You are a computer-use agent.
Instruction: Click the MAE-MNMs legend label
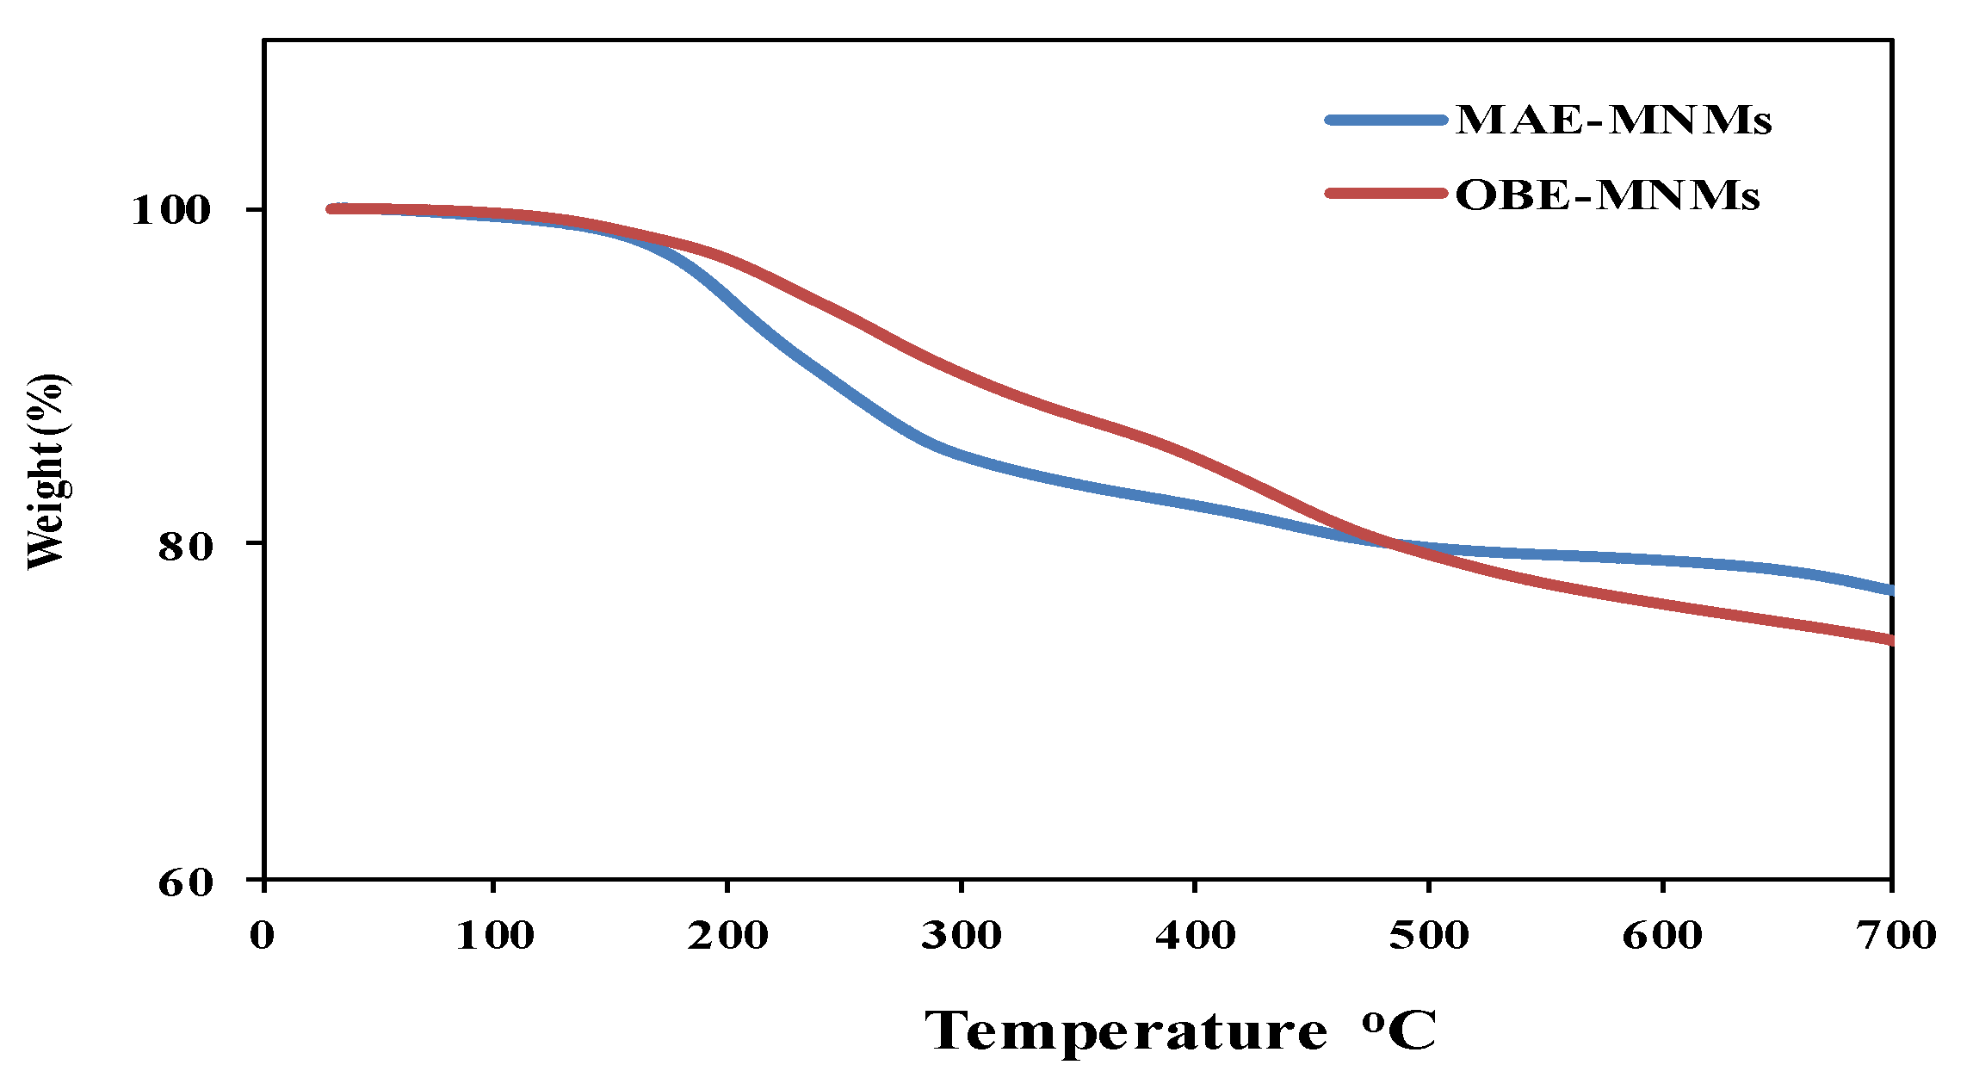tap(1613, 120)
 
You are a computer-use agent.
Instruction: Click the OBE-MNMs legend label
tap(1606, 195)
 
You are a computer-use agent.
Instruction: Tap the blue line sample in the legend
tap(1386, 121)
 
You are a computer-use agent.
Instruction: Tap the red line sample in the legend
tap(1386, 193)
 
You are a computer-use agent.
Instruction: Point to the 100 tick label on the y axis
tap(170, 210)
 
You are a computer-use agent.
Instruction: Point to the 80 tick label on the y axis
tap(184, 546)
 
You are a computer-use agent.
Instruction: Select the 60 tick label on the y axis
tap(184, 882)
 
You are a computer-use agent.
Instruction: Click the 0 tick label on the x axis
tap(263, 936)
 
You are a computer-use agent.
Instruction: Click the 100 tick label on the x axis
tap(494, 936)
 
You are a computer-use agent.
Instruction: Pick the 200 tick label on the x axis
tap(727, 936)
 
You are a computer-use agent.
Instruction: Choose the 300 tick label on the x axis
tap(961, 936)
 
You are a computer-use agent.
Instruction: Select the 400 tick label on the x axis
tap(1195, 936)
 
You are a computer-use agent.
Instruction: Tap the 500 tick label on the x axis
tap(1428, 936)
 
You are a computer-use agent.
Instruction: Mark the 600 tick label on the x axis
tap(1661, 936)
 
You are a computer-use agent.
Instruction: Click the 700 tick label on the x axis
tap(1895, 936)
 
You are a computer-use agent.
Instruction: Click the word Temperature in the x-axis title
tap(1125, 1031)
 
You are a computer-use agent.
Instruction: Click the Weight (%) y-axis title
tap(46, 472)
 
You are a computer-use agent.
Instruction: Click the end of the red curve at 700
tap(1890, 640)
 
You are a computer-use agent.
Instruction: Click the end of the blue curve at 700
tap(1890, 591)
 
